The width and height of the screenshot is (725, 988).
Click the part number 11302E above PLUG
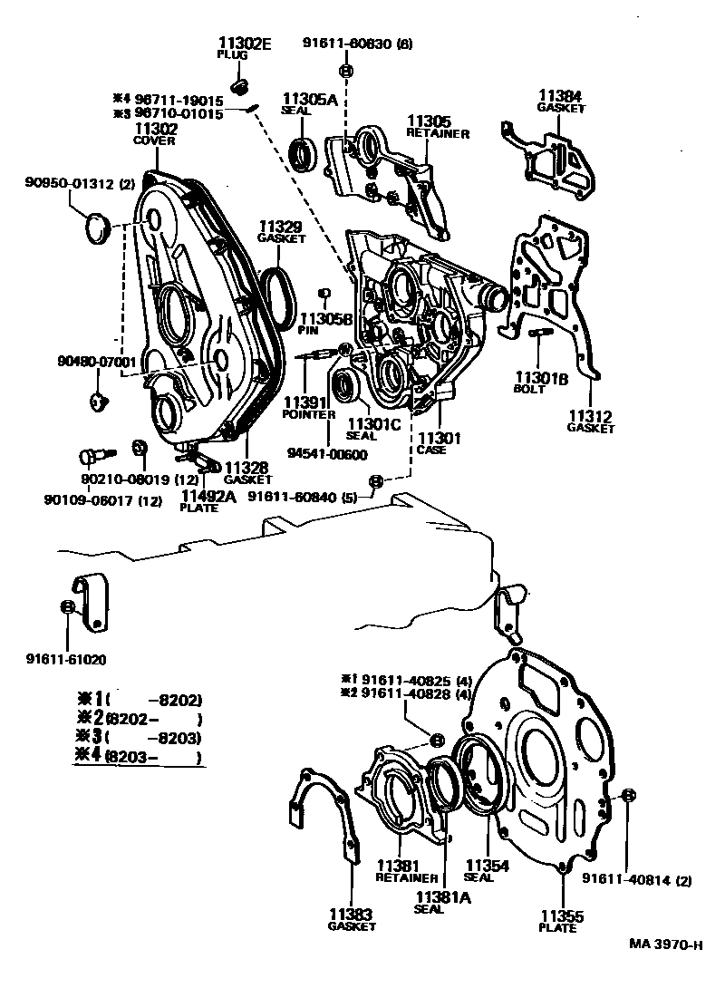click(x=244, y=43)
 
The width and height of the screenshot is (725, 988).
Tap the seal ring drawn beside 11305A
click(x=303, y=155)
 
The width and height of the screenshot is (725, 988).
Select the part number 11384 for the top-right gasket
click(x=561, y=95)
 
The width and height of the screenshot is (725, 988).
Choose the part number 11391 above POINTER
click(x=302, y=402)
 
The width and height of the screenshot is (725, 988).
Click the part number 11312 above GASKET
click(x=591, y=417)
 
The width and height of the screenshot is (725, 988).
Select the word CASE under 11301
click(x=431, y=450)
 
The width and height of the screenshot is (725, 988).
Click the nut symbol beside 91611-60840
click(x=375, y=479)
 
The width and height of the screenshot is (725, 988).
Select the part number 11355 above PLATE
click(x=563, y=915)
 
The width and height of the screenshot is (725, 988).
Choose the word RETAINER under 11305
click(x=438, y=134)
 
